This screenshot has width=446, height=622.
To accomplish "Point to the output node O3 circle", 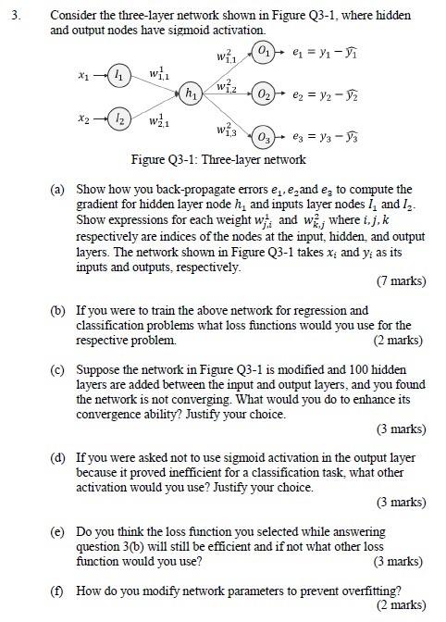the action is [x=266, y=139].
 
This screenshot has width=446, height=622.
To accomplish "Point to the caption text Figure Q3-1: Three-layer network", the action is [x=218, y=160].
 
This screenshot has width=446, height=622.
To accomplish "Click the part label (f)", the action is [x=58, y=590].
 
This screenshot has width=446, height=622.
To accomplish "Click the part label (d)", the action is [x=58, y=456].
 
